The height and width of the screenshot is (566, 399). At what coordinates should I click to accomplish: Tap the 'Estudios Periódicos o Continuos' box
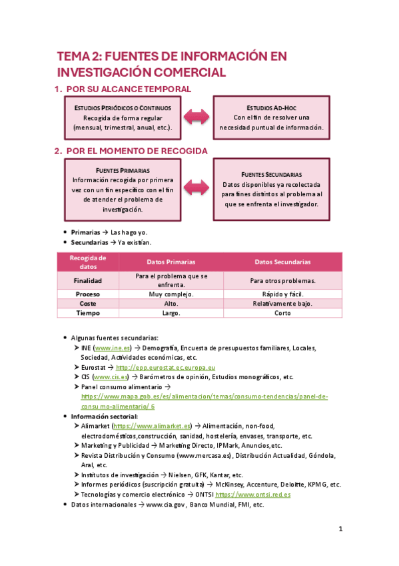[x=123, y=117]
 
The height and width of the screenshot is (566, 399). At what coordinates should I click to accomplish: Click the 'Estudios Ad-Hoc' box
[x=271, y=117]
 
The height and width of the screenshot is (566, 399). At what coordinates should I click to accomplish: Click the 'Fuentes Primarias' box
[x=123, y=190]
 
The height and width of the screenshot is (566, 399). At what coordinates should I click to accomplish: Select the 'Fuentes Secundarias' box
[x=271, y=189]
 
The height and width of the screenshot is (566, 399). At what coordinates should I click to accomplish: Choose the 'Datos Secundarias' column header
[x=282, y=262]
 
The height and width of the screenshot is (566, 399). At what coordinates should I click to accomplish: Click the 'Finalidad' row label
[x=87, y=280]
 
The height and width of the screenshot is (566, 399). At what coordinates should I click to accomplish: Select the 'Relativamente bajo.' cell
[x=282, y=303]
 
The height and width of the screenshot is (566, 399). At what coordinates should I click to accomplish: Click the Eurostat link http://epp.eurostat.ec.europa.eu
[x=165, y=367]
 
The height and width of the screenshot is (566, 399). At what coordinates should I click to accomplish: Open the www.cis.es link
[x=111, y=376]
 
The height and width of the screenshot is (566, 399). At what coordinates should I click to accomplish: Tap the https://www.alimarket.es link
[x=153, y=426]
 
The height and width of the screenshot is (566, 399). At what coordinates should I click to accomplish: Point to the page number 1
[x=340, y=529]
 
